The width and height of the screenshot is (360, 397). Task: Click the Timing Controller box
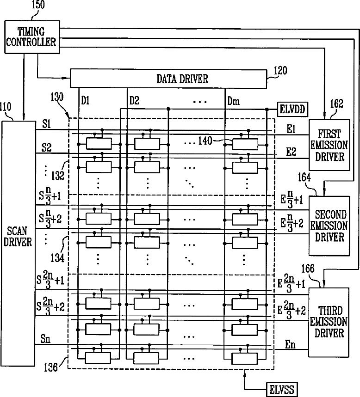click(32, 37)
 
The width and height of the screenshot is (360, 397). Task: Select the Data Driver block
click(168, 79)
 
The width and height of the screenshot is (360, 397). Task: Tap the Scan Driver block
click(19, 243)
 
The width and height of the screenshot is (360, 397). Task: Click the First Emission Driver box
click(329, 145)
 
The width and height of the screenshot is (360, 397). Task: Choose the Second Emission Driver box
click(329, 226)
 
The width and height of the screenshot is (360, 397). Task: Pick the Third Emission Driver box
click(329, 322)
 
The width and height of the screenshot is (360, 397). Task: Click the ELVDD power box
click(292, 110)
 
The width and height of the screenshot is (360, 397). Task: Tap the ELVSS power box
click(282, 390)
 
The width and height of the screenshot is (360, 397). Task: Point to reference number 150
click(38, 5)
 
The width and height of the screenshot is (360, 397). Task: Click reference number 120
click(280, 71)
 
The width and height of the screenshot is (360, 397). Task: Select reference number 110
click(6, 107)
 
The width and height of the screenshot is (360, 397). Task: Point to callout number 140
click(205, 141)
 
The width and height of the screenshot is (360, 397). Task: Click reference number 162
click(336, 104)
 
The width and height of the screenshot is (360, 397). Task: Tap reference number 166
click(308, 269)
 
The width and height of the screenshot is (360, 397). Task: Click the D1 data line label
click(85, 101)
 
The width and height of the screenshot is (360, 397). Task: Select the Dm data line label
click(234, 101)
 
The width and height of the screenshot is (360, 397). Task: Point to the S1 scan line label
click(46, 124)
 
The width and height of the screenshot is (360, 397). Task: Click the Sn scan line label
click(45, 339)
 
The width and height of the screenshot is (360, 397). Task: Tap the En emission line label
click(290, 345)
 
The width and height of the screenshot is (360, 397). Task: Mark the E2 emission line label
click(291, 152)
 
